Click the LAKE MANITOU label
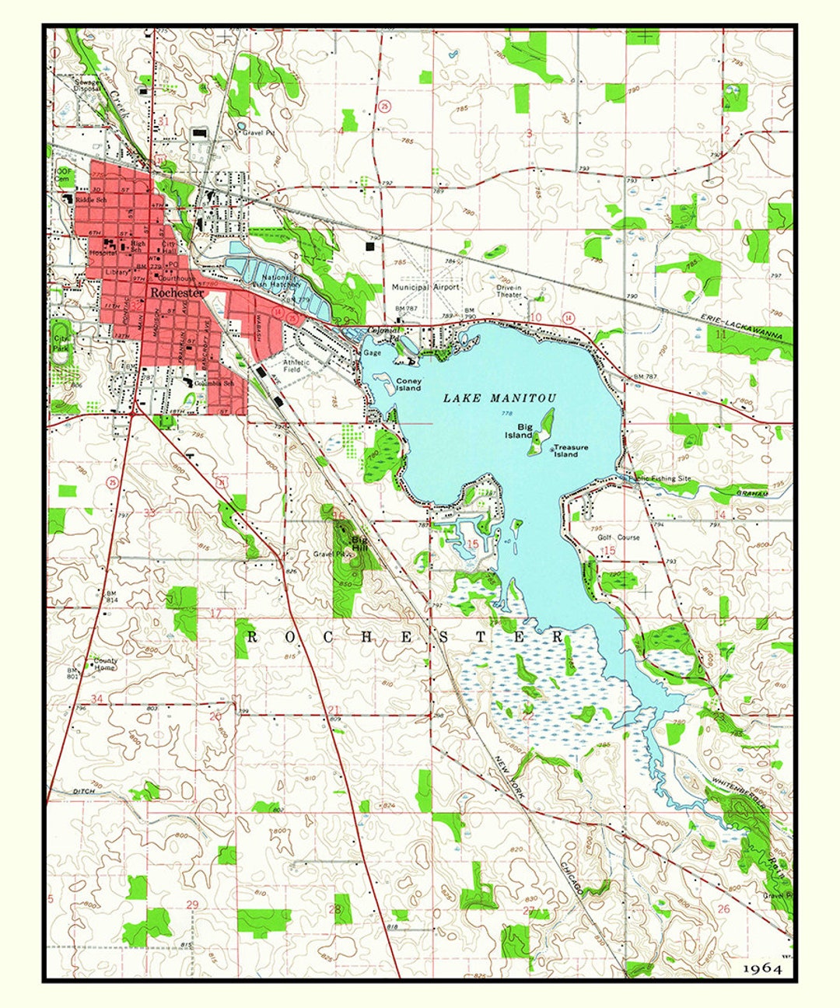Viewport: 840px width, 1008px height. [499, 398]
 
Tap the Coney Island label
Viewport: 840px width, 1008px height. [408, 384]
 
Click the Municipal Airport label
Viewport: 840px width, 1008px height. [425, 287]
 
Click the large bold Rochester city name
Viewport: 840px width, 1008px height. [177, 293]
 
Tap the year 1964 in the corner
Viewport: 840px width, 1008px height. [761, 968]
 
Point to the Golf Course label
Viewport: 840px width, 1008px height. [618, 537]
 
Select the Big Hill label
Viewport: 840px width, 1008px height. [359, 542]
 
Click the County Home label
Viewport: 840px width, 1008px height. [105, 664]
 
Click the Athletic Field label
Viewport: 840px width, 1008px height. [296, 366]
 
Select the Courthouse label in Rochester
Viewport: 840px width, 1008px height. [177, 278]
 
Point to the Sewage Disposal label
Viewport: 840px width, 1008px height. [87, 85]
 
